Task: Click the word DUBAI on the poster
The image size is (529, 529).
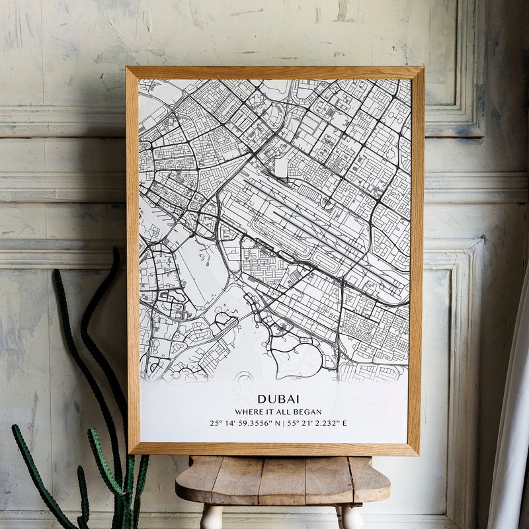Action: (x=278, y=399)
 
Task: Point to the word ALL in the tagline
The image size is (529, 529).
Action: (x=282, y=412)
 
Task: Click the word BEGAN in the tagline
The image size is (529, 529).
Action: (x=307, y=412)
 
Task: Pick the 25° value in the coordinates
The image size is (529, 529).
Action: (x=216, y=423)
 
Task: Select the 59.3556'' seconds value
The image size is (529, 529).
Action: (x=255, y=423)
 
